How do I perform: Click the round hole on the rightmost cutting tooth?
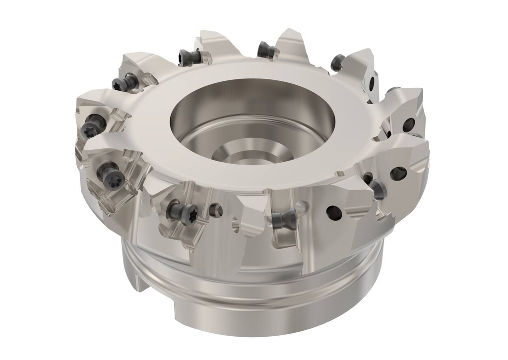pyautogui.click(x=409, y=124)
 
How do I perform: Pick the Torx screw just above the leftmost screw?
pyautogui.click(x=123, y=82)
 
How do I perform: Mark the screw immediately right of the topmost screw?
pyautogui.click(x=337, y=62)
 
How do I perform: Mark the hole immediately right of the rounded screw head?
pyautogui.click(x=399, y=173)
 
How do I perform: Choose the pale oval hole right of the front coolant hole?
pyautogui.click(x=235, y=227)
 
